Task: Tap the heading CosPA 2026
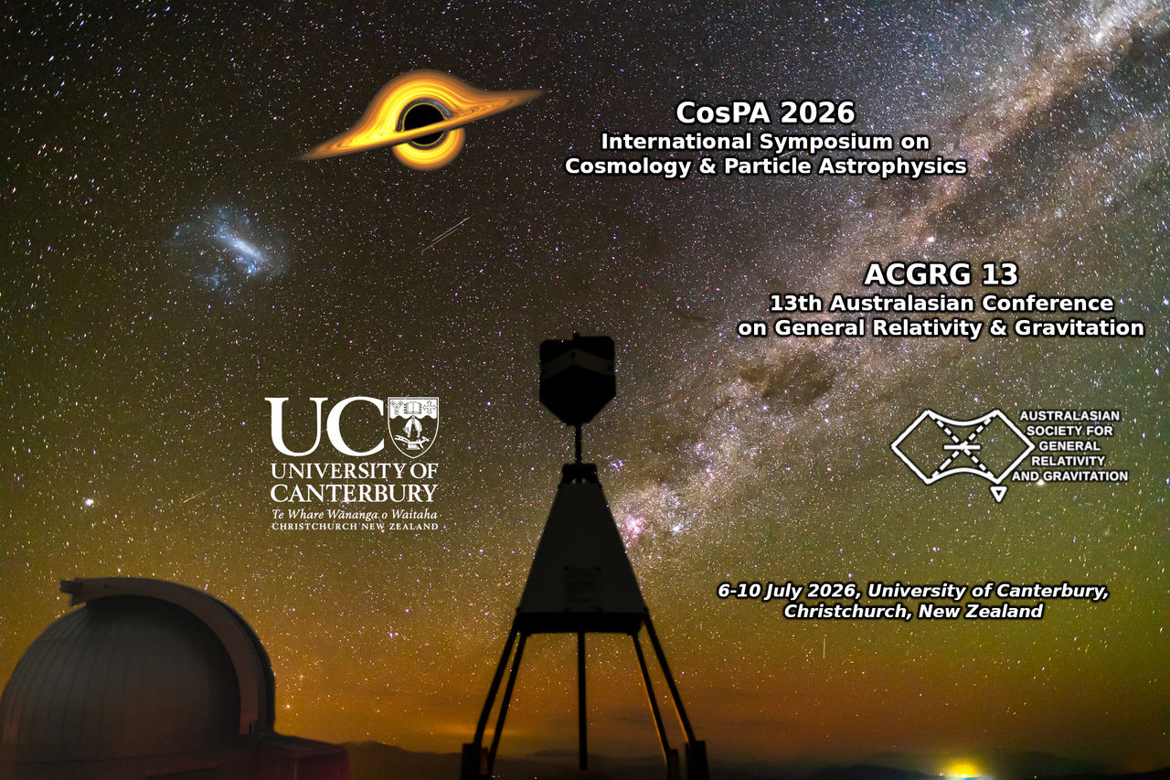point(766,112)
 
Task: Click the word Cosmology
point(628,166)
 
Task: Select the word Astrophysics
point(892,166)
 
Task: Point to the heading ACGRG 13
point(941,274)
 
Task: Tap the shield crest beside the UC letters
point(413,427)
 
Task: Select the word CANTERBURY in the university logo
point(354,493)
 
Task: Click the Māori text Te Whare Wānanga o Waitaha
point(354,515)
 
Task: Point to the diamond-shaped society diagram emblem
point(963,447)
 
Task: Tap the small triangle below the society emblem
point(998,494)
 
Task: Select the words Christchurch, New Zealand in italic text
point(913,611)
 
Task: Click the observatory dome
point(137,674)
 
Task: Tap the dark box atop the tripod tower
point(577,379)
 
